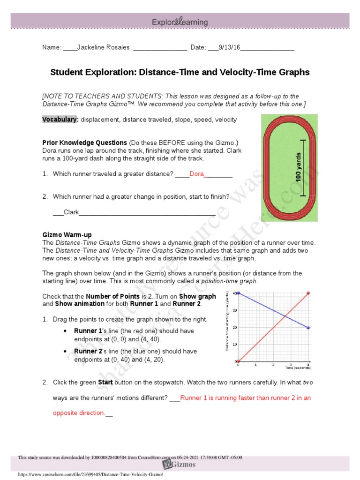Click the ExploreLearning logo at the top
[180, 22]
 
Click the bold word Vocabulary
[60, 120]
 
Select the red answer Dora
[197, 174]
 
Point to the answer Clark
[71, 212]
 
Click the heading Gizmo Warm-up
[67, 234]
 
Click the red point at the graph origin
[238, 361]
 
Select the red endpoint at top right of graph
[308, 293]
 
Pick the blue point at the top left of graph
[238, 293]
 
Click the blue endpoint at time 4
[308, 328]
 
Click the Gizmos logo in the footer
[180, 464]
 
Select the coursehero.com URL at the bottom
[90, 474]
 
